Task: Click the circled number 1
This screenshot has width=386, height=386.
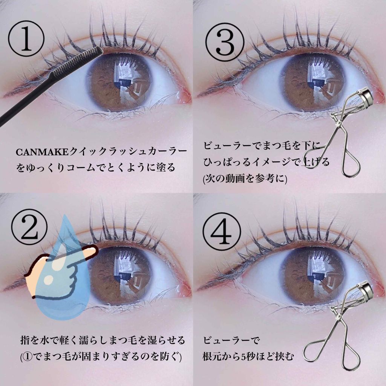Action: (26, 39)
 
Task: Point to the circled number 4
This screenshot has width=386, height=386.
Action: (222, 232)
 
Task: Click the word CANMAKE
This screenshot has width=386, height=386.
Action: (42, 152)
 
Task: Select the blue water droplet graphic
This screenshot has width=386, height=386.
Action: (63, 271)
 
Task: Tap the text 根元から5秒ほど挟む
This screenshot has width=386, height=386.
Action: (248, 356)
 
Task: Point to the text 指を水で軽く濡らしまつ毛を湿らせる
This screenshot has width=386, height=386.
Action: (103, 340)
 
